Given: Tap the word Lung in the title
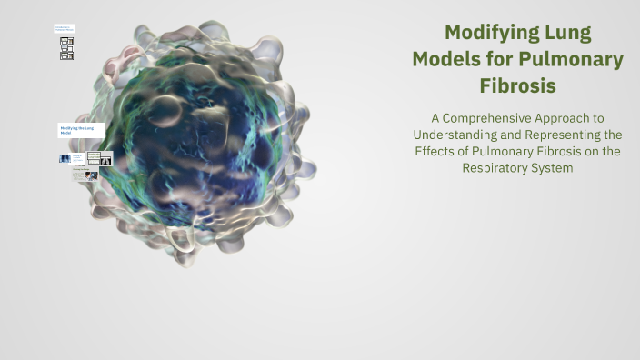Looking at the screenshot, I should [x=562, y=34].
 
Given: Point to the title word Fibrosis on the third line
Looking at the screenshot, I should [x=517, y=86].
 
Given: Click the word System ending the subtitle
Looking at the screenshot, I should [x=553, y=168].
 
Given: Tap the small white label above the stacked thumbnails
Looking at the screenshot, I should [x=65, y=29].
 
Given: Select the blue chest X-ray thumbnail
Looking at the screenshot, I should [x=65, y=158].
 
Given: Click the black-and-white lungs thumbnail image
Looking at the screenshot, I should [x=105, y=160].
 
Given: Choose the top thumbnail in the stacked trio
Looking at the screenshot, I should [x=66, y=40].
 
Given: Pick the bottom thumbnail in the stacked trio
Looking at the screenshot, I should [x=66, y=56].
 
